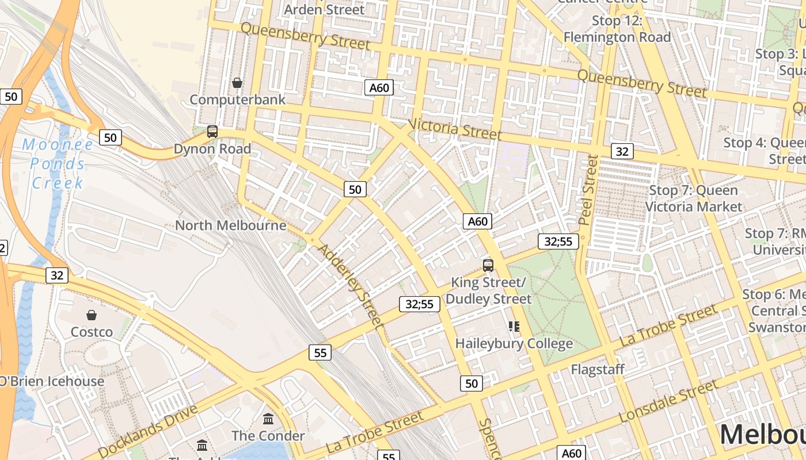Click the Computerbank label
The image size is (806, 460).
[237, 99]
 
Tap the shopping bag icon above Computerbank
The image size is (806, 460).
[237, 83]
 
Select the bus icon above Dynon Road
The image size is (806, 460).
[212, 132]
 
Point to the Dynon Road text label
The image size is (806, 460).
[212, 149]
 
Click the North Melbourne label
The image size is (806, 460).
[230, 225]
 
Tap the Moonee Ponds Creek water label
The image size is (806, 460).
[57, 164]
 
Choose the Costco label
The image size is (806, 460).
[92, 332]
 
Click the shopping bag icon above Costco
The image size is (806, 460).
[91, 315]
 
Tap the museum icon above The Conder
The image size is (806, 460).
[268, 419]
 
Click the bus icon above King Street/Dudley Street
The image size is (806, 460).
[488, 266]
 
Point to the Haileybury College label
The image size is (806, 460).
[514, 344]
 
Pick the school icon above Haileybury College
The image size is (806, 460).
[514, 327]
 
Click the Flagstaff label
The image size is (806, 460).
[598, 369]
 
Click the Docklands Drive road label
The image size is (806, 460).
[149, 431]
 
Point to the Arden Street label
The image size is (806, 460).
[325, 9]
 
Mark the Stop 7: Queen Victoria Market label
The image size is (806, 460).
[694, 198]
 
